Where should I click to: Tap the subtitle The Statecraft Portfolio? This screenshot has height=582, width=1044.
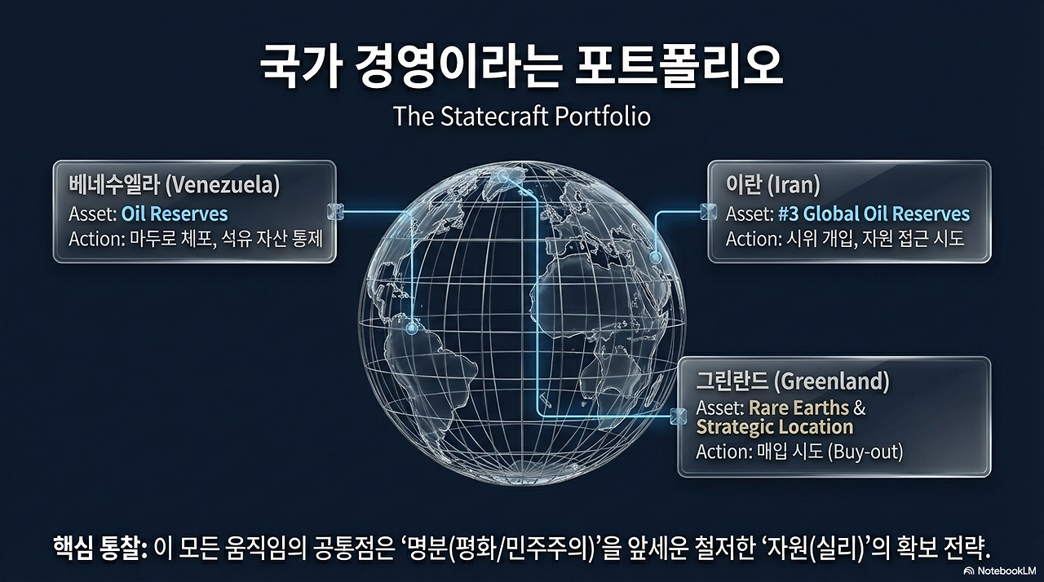click(522, 116)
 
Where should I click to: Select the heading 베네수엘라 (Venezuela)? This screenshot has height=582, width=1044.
click(175, 185)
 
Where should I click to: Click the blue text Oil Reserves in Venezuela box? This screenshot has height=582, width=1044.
click(175, 214)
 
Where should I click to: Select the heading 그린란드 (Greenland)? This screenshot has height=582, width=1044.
click(792, 381)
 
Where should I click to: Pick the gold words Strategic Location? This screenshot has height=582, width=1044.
click(775, 427)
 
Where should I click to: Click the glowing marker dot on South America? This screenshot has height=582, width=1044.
click(412, 328)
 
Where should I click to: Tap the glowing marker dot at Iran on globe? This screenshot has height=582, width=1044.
click(654, 257)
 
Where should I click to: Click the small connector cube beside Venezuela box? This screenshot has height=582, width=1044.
click(334, 210)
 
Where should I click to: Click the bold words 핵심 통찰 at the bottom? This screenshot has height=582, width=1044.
click(99, 546)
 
